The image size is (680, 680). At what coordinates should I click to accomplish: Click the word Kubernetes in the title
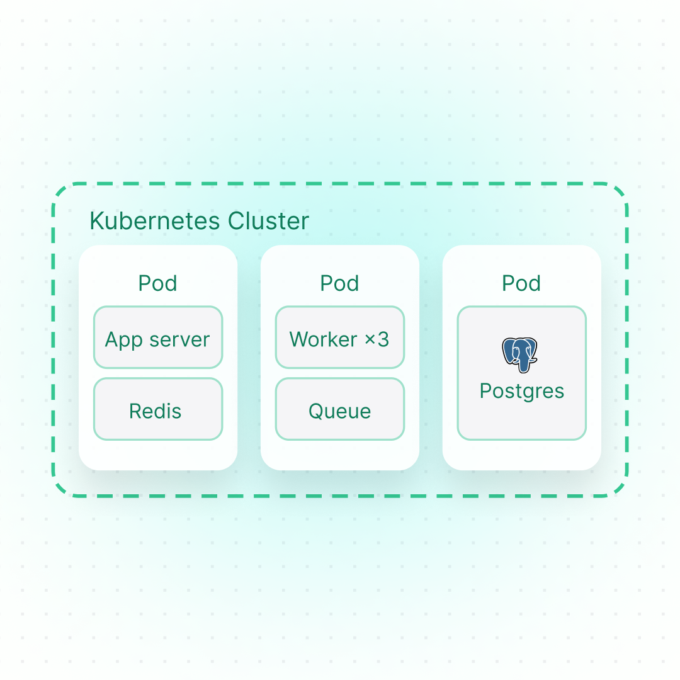(156, 222)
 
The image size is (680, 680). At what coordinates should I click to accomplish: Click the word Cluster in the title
(269, 222)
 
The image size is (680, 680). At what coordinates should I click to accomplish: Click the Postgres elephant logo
(520, 354)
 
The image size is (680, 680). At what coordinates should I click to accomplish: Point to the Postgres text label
(521, 391)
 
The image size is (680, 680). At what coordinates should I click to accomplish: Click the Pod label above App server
(157, 283)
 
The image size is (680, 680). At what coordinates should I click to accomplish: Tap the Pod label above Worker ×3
(339, 283)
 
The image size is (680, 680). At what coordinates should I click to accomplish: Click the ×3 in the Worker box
(377, 340)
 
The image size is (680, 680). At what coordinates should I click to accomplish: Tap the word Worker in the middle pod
(324, 340)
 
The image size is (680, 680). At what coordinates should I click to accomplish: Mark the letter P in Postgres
(485, 391)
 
